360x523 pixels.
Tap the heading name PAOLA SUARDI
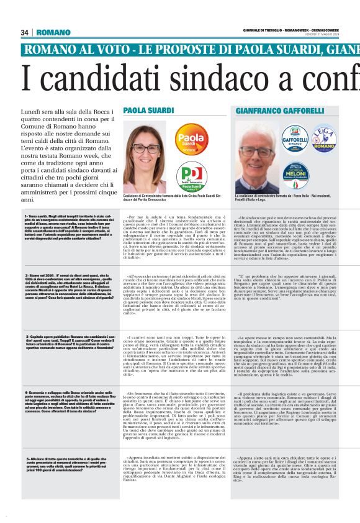coord(148,110)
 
